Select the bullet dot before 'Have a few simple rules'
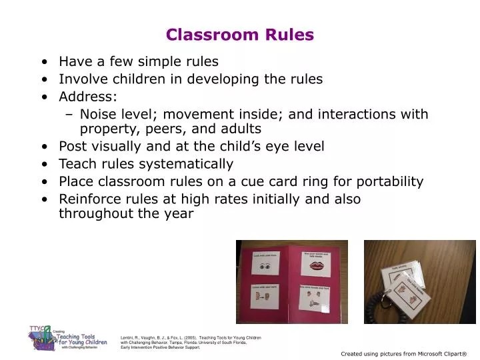point(43,62)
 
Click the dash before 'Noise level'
point(71,114)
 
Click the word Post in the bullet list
point(73,146)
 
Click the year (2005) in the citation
point(189,338)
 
